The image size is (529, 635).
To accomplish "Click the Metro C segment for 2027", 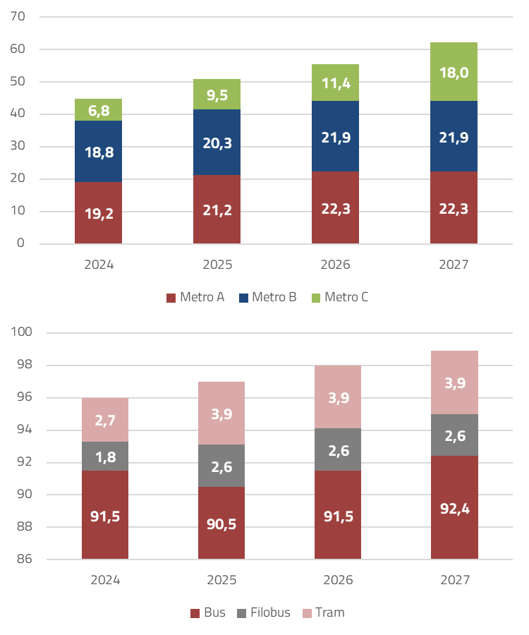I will pos(454,72).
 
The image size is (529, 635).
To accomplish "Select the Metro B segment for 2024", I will pos(98,151).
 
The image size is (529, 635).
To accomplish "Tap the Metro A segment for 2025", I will pos(217,210).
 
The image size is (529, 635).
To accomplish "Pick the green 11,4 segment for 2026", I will pos(335,83).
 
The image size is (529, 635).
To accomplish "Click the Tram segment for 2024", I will pos(105,420).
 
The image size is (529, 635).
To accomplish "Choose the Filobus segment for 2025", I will pos(221,466).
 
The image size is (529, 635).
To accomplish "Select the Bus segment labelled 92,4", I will pos(454,507).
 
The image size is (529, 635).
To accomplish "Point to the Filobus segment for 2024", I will pos(105,456).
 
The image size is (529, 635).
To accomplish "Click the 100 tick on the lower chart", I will pos(15,333).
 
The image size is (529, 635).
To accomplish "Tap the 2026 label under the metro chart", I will pos(335,265).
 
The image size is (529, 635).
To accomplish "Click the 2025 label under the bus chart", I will pos(221,581).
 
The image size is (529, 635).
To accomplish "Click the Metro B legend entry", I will pos(267,298).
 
